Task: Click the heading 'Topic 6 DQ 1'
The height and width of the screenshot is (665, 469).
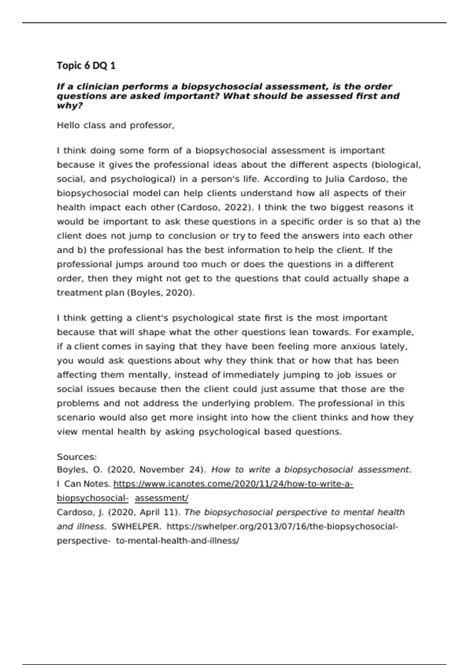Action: pyautogui.click(x=86, y=65)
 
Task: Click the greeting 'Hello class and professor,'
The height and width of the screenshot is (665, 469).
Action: pyautogui.click(x=115, y=126)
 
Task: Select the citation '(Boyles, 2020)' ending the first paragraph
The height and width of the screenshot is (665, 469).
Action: pyautogui.click(x=161, y=293)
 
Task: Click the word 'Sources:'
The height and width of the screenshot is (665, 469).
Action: pyautogui.click(x=77, y=457)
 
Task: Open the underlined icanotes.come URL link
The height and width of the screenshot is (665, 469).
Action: pyautogui.click(x=233, y=484)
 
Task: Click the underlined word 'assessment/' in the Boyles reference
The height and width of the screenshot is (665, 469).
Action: pyautogui.click(x=161, y=498)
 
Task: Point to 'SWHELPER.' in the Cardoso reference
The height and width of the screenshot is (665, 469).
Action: pyautogui.click(x=136, y=527)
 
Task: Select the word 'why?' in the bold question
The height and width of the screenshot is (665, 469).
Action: pyautogui.click(x=70, y=106)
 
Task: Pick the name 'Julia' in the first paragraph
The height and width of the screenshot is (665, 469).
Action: pyautogui.click(x=335, y=179)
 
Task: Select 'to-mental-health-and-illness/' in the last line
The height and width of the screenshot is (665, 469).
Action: pyautogui.click(x=177, y=541)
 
